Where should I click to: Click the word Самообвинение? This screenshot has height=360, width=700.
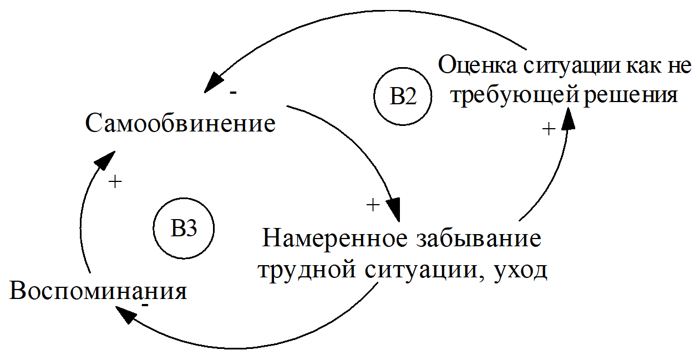[180, 123]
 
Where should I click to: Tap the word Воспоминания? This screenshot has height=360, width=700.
[98, 291]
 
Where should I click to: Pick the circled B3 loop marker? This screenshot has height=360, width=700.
[184, 228]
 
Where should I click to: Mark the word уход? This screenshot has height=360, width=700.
[520, 272]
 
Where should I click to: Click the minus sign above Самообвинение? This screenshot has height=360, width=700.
[233, 93]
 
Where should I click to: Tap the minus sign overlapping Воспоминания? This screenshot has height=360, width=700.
[145, 305]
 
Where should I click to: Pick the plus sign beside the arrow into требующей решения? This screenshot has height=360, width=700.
[548, 130]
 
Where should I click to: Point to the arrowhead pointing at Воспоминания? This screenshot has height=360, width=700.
[125, 316]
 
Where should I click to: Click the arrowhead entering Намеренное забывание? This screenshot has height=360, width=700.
[395, 211]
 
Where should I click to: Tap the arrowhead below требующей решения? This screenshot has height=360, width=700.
[568, 119]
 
